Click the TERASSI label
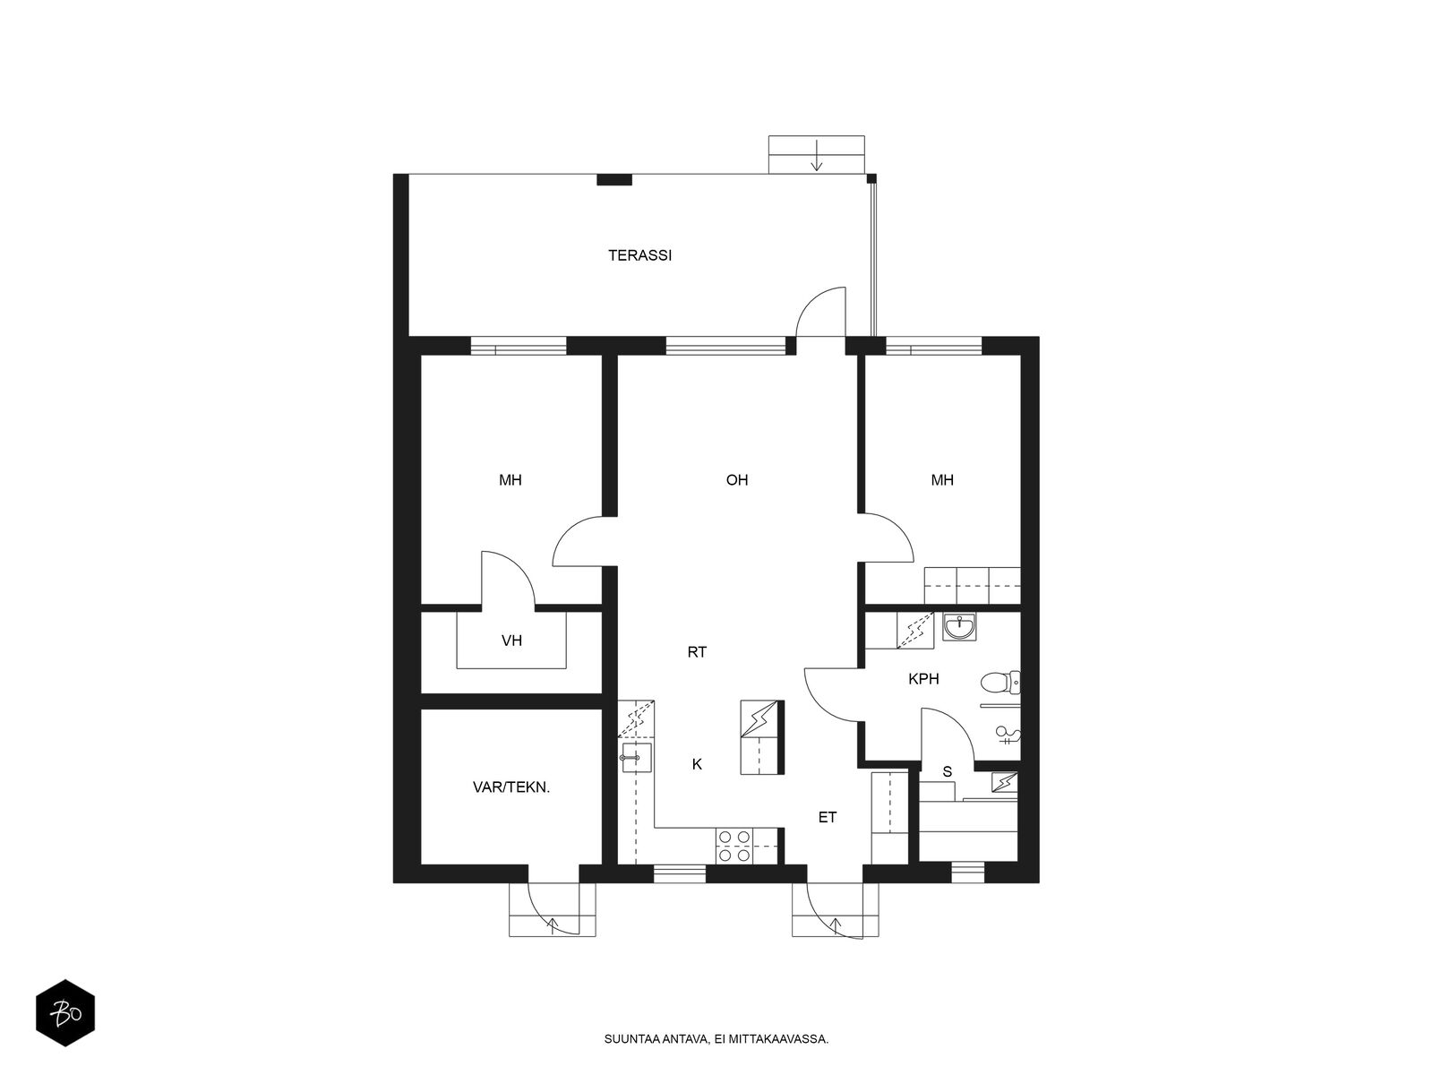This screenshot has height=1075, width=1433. click(x=639, y=255)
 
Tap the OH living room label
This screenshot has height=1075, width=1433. click(x=736, y=480)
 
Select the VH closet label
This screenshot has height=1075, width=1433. click(x=511, y=641)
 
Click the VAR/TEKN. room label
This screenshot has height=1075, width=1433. click(x=511, y=787)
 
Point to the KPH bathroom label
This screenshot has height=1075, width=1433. click(x=923, y=679)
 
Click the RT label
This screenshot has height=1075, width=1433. click(x=697, y=651)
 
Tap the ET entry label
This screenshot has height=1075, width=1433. click(x=828, y=817)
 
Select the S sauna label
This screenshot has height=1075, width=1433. click(x=947, y=771)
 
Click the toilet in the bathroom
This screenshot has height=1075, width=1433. click(x=1000, y=682)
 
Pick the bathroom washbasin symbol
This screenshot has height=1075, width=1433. click(x=960, y=626)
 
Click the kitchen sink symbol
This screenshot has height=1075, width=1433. click(x=636, y=757)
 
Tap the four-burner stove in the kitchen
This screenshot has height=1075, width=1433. click(x=734, y=846)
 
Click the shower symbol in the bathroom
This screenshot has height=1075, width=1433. click(x=1008, y=735)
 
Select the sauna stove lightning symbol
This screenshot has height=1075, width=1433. click(x=1004, y=782)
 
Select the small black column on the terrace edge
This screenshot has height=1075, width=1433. click(x=614, y=179)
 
